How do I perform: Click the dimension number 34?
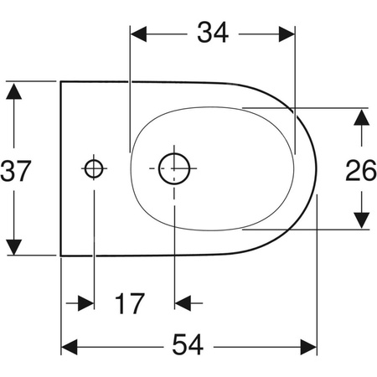point(213,34)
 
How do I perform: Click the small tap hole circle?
point(94,168)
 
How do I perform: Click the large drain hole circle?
point(174,168)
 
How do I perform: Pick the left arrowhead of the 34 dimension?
point(138,34)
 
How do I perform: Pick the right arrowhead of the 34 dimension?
point(288,34)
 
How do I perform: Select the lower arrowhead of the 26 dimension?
point(361,219)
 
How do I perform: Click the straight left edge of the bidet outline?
point(62,168)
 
